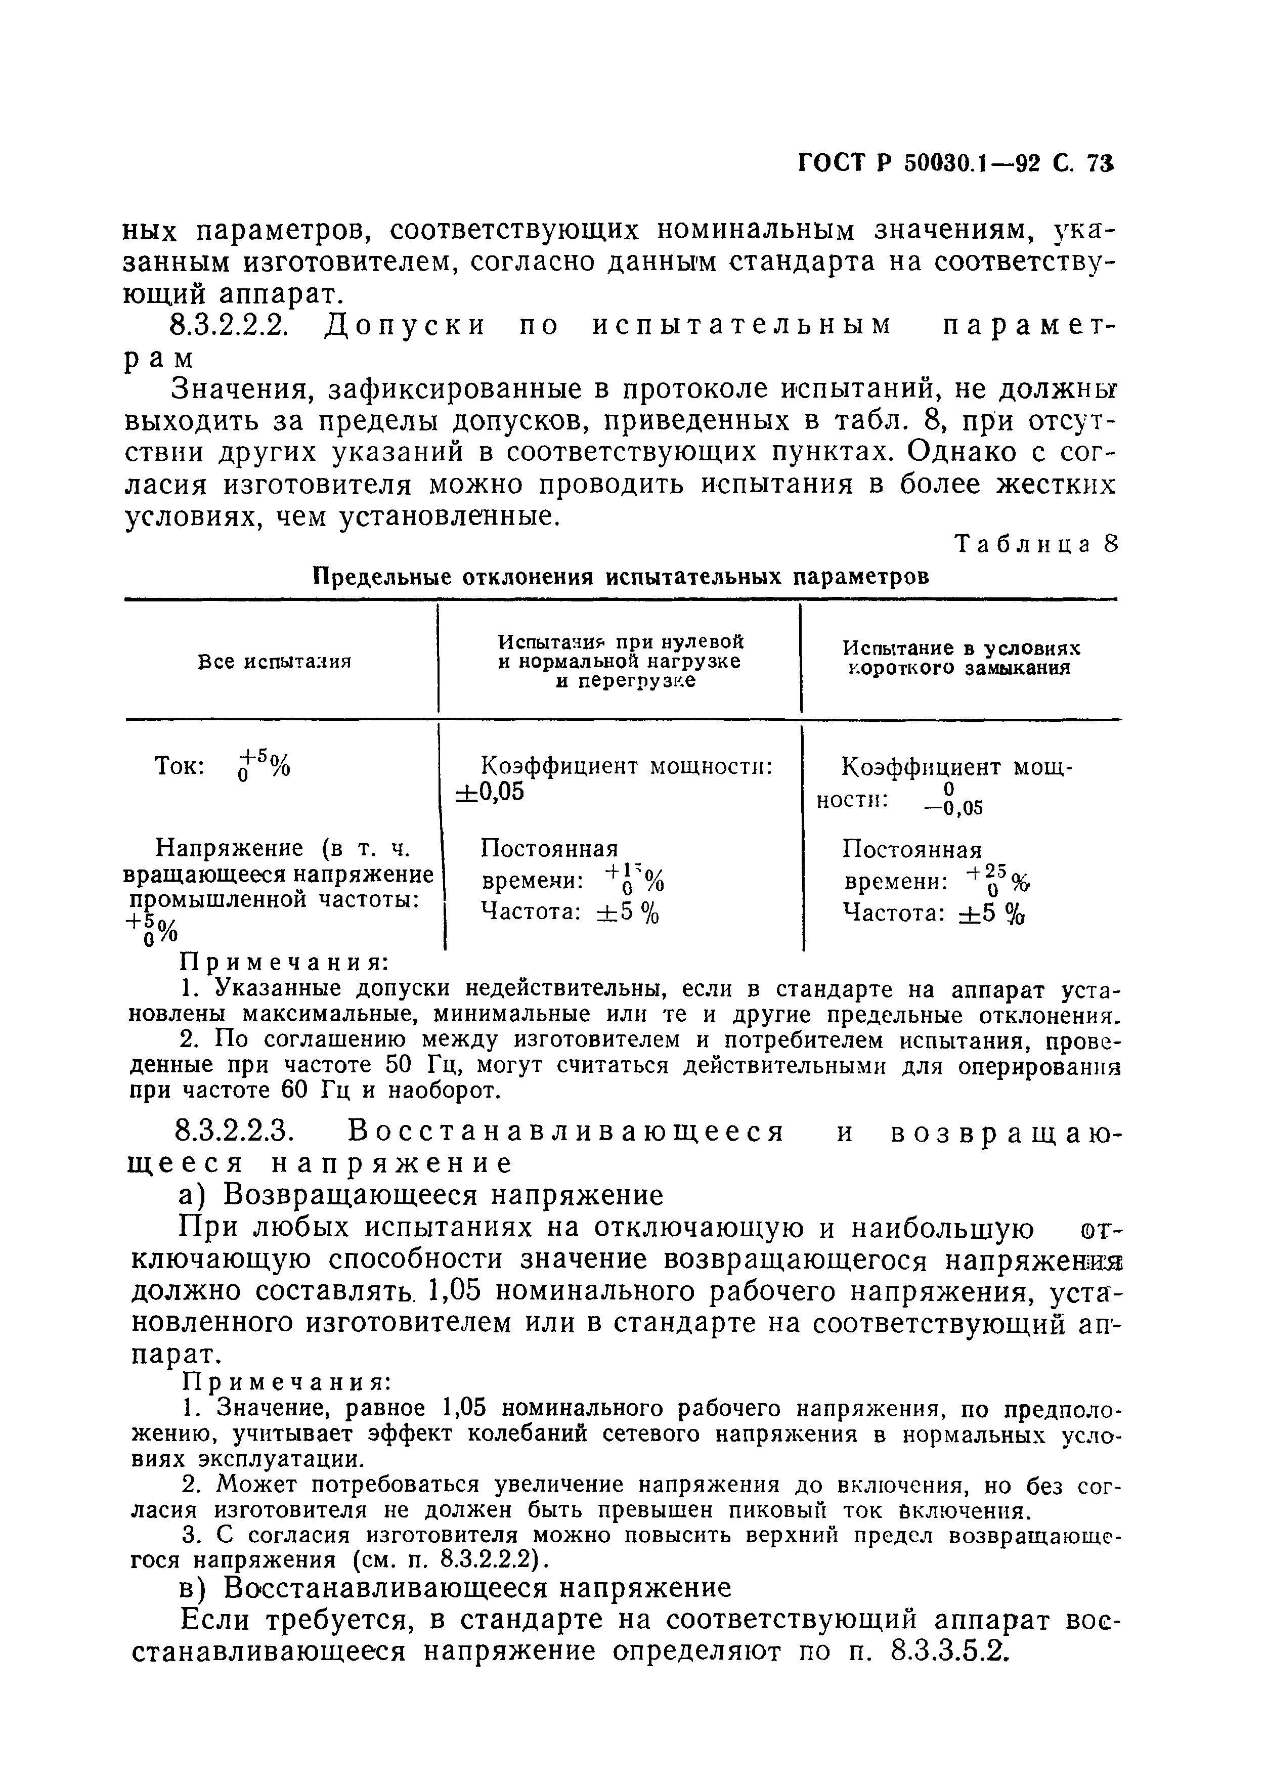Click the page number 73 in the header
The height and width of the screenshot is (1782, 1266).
[1102, 186]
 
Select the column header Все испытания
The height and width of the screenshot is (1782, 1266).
[275, 661]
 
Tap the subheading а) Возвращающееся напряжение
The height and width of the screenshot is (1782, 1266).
[421, 1195]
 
